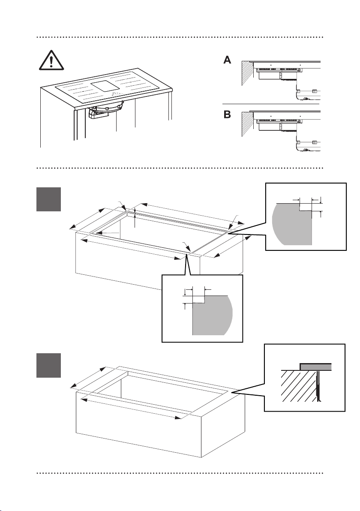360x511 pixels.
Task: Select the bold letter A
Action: pos(227,60)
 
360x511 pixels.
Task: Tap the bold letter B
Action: pos(227,115)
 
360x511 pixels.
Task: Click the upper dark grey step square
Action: pos(48,199)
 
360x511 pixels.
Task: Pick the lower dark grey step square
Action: pos(48,365)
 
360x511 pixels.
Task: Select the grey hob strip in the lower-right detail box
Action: pos(315,367)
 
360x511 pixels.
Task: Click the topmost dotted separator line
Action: pos(180,37)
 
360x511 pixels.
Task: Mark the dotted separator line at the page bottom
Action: pos(180,473)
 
